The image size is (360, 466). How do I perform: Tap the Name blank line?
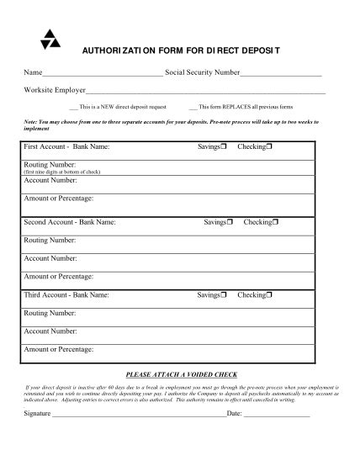click(x=103, y=76)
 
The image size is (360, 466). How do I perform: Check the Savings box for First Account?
click(x=225, y=147)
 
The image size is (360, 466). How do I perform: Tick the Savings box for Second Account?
click(x=230, y=223)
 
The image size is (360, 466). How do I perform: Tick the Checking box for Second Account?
click(x=275, y=223)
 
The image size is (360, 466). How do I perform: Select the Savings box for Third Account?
click(x=225, y=296)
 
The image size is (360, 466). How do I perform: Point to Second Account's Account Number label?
click(x=50, y=258)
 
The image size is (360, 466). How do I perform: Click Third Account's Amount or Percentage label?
click(x=59, y=348)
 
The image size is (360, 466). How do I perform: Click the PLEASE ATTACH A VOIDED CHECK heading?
click(x=181, y=374)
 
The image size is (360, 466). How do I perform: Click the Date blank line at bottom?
click(x=277, y=414)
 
